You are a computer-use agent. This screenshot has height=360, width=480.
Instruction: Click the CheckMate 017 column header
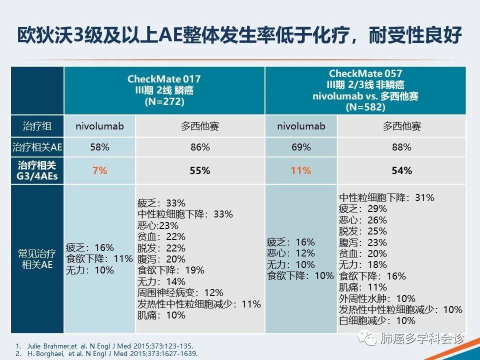click(164, 90)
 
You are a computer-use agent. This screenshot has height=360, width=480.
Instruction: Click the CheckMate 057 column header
click(365, 90)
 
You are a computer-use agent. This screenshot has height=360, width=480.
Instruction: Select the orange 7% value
click(100, 170)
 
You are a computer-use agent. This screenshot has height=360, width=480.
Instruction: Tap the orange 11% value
click(301, 170)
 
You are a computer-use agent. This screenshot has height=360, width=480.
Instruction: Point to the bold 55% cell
click(200, 170)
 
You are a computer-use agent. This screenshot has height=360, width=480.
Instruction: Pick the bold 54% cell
click(402, 170)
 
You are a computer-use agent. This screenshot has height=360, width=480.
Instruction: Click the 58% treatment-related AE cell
click(100, 147)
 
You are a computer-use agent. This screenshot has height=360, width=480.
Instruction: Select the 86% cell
click(200, 147)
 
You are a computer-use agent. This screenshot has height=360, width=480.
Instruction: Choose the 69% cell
click(301, 147)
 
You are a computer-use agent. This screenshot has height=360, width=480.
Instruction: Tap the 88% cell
click(402, 147)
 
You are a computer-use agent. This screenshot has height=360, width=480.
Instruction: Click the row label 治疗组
click(37, 126)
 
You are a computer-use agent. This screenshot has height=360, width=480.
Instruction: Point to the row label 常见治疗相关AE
click(37, 259)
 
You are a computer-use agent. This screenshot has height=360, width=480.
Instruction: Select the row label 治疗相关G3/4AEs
click(37, 170)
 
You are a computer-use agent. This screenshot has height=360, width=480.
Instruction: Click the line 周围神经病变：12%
click(180, 293)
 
